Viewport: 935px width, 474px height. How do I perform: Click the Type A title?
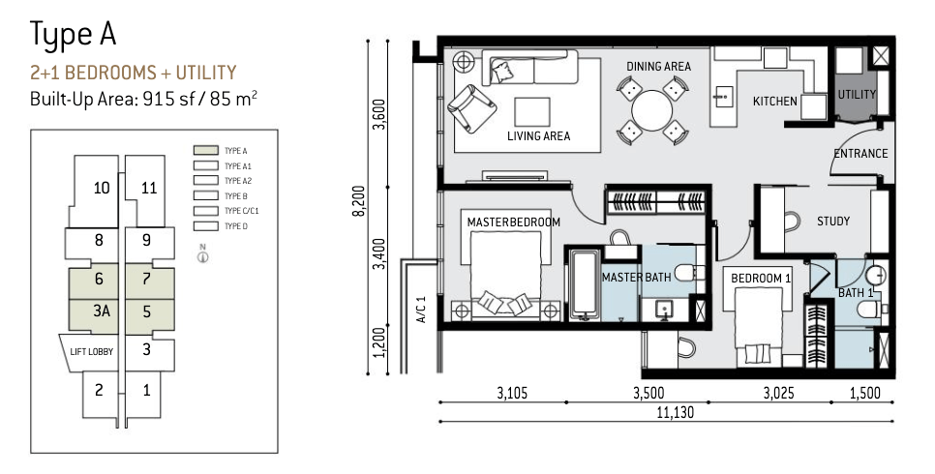coord(73,35)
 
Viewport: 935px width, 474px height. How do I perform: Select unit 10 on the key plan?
coord(102,188)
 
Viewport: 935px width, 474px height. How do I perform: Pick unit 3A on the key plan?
coord(102,311)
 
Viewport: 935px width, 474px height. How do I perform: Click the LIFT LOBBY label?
coord(91,352)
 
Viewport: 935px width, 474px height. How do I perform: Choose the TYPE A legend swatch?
coord(205,151)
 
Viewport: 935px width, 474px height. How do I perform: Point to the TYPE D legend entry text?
coord(235,226)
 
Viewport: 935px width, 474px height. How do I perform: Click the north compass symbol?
coord(203,254)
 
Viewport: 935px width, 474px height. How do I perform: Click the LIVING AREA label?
coord(538,136)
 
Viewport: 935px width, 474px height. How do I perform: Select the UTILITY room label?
coord(857,94)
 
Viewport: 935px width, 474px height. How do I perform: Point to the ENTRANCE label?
coord(860,153)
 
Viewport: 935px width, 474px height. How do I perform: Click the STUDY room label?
coord(833,222)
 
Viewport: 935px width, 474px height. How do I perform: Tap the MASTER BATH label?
coord(636,278)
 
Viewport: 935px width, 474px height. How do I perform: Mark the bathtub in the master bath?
coord(583,284)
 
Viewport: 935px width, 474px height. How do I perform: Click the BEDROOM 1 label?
coord(760,278)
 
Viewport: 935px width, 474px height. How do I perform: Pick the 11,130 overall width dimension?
coord(677,412)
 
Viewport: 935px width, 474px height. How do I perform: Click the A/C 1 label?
coord(422,311)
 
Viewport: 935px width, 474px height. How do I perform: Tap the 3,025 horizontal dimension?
coord(778,393)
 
